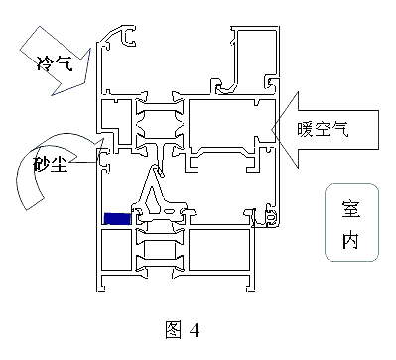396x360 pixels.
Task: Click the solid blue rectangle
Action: click(117, 219)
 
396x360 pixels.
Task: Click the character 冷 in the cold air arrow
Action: click(45, 62)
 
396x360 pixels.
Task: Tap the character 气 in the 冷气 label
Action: click(63, 62)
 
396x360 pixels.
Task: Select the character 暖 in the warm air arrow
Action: click(305, 129)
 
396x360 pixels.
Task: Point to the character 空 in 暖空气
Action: click(323, 129)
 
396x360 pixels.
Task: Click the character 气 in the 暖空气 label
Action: click(340, 129)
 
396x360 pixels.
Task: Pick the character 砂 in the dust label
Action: click(41, 163)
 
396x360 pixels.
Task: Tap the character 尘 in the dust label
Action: click(59, 163)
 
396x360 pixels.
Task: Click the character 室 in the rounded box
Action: click(351, 209)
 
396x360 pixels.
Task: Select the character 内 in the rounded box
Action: click(350, 240)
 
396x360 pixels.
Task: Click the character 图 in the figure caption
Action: click(174, 329)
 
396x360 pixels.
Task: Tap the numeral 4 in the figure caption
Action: click(195, 330)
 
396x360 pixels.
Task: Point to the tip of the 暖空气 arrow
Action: click(272, 130)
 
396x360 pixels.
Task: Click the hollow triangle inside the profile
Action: click(152, 201)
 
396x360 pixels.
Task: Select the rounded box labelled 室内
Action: click(351, 223)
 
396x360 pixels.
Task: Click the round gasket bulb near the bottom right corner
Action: click(272, 218)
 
